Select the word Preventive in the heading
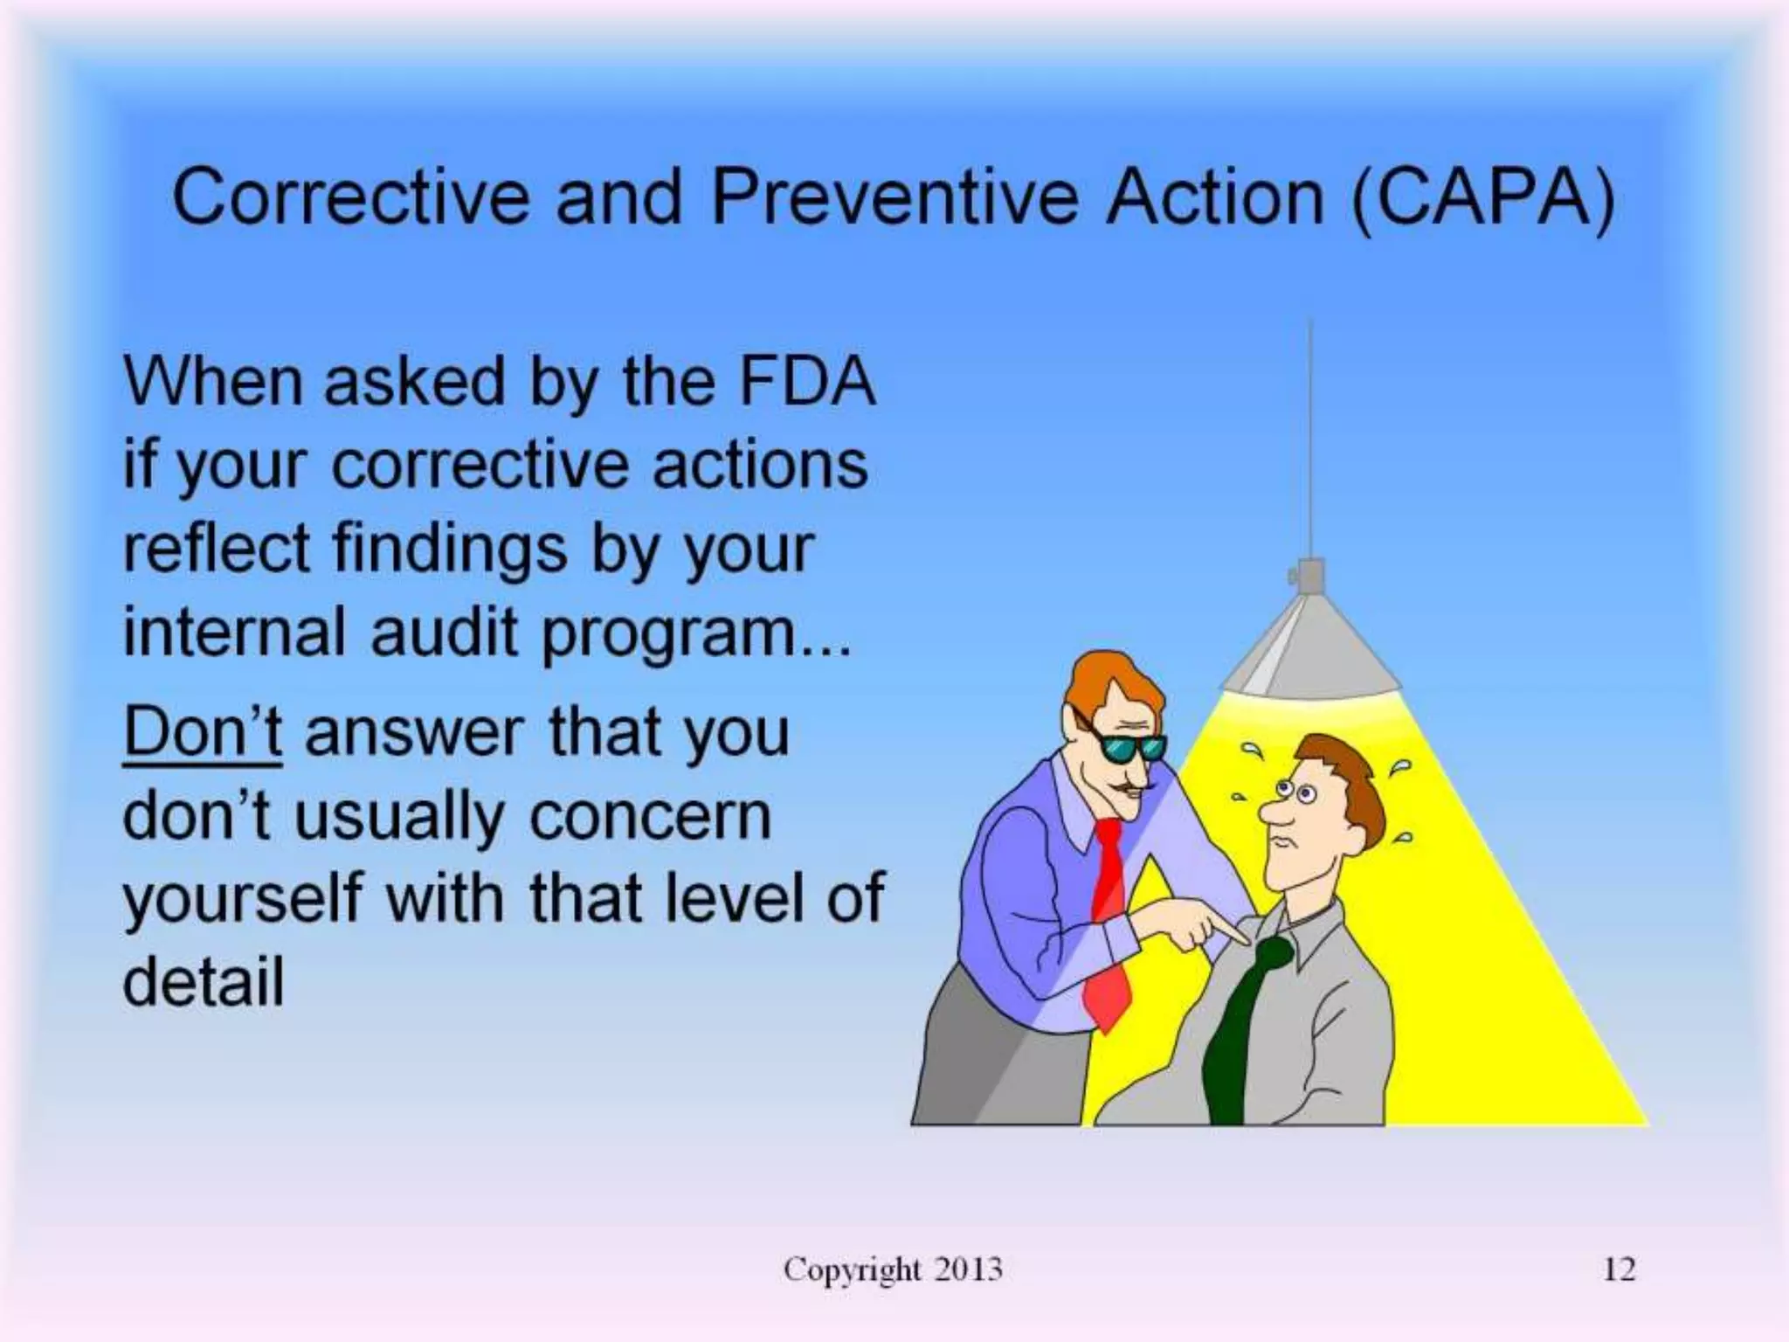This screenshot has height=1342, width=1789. click(x=894, y=197)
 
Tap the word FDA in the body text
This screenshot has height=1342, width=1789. click(x=805, y=382)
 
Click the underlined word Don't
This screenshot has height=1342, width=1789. click(x=203, y=732)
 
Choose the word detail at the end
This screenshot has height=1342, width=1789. click(x=204, y=982)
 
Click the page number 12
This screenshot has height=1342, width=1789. click(x=1619, y=1269)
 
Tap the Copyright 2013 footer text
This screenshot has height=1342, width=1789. click(x=893, y=1269)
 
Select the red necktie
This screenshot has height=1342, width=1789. click(x=1108, y=926)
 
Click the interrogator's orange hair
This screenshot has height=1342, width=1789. click(x=1109, y=681)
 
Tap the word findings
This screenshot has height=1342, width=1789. click(x=450, y=549)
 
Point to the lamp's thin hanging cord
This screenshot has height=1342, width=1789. click(x=1310, y=437)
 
